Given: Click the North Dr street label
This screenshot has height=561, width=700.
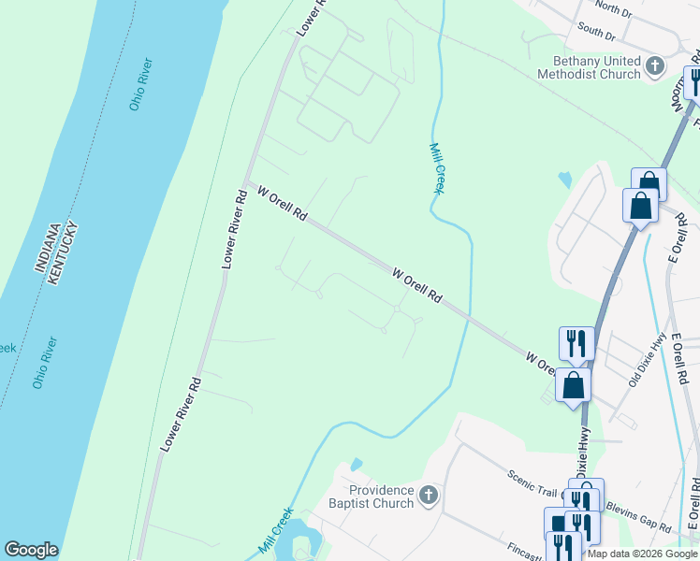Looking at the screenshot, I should coord(613,8).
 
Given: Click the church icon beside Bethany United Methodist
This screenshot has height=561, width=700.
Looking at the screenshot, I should coord(655,65).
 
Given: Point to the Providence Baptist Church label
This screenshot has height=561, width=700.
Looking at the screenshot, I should coord(381,496).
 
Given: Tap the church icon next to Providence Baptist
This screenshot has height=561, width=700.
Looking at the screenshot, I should coord(429,495).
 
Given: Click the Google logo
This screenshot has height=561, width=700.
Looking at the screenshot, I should coord(31,550).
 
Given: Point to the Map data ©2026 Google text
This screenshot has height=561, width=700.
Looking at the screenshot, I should coord(642,554).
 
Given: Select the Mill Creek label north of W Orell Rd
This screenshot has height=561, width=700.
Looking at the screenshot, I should coord(435,166).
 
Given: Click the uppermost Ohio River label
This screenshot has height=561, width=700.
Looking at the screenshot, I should coord(141,85).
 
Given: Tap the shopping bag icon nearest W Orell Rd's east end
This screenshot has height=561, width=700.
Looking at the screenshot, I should coord(573,383).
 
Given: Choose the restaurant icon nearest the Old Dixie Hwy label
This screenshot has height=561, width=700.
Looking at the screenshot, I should coord(576,343).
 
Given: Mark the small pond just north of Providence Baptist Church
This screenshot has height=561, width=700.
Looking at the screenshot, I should coord(356,464).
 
